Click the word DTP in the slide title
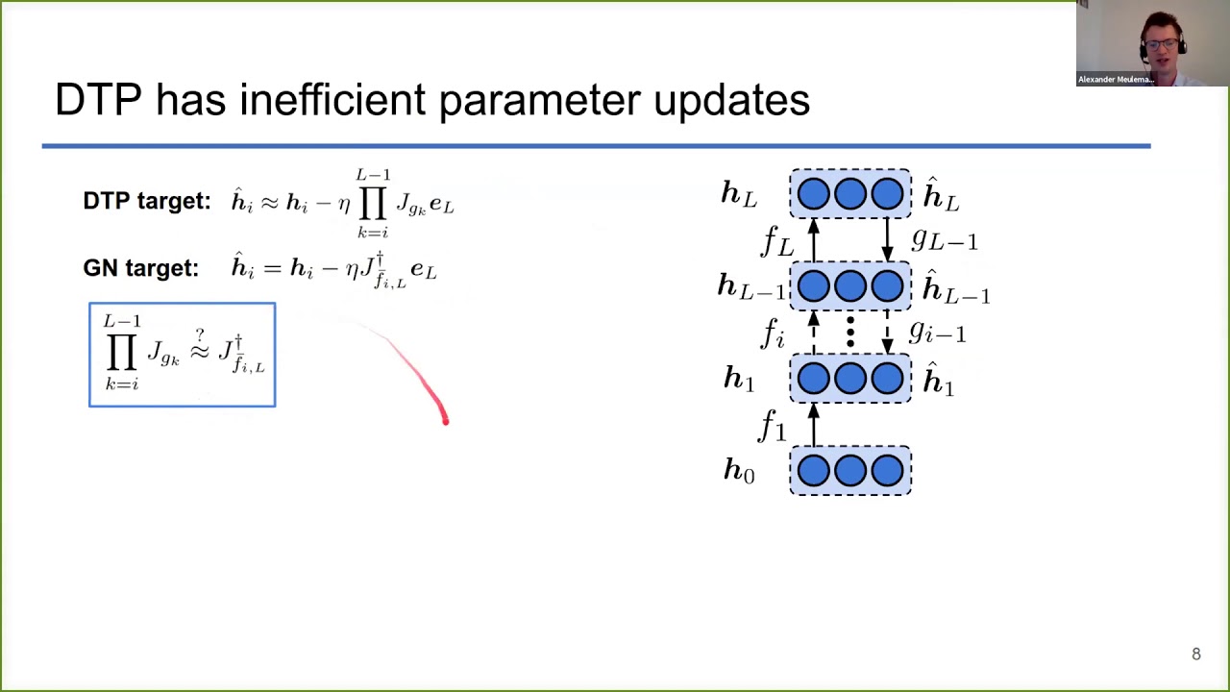(98, 100)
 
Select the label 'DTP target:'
(146, 201)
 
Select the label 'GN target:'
(140, 268)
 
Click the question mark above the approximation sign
(200, 334)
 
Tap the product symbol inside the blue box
(121, 354)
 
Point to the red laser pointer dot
(445, 419)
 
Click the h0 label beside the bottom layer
(739, 470)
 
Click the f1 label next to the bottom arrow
(773, 425)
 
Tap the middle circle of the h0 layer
(850, 470)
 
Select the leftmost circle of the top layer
(813, 194)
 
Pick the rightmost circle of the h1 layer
(887, 379)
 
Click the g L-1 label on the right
(945, 239)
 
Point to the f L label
(776, 241)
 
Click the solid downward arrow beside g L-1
(887, 239)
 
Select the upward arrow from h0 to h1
(814, 425)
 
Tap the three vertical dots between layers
(850, 333)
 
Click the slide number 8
(1196, 655)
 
